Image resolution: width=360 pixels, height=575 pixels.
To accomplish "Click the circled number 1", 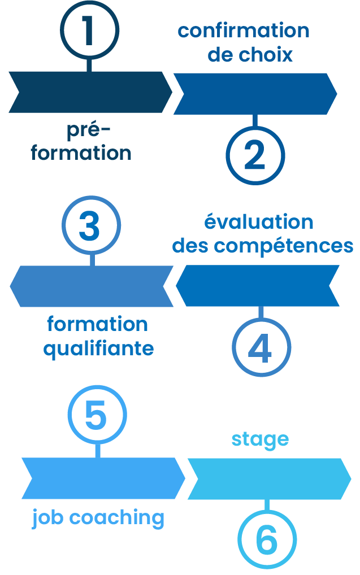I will point(89,30).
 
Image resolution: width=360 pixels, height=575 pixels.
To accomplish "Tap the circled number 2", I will point(255,155).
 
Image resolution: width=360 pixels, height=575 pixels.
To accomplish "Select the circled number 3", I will point(90,225).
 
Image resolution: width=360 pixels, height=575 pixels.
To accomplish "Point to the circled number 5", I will point(97,415).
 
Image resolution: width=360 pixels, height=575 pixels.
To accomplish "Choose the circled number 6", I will point(266,540).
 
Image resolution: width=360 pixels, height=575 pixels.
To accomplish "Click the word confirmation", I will point(244,31).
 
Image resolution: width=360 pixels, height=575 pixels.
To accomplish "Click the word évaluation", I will point(259,222).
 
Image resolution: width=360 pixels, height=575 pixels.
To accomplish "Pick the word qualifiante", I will point(98,349).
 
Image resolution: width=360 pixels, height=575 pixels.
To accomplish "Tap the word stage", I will point(260,439).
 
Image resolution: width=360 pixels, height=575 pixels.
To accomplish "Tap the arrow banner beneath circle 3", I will point(92,286).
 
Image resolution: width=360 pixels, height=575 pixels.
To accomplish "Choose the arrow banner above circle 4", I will point(259,285).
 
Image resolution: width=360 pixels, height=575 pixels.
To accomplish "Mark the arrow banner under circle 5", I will point(102,478).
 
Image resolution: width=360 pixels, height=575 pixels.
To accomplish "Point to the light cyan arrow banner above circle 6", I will point(269,478).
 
